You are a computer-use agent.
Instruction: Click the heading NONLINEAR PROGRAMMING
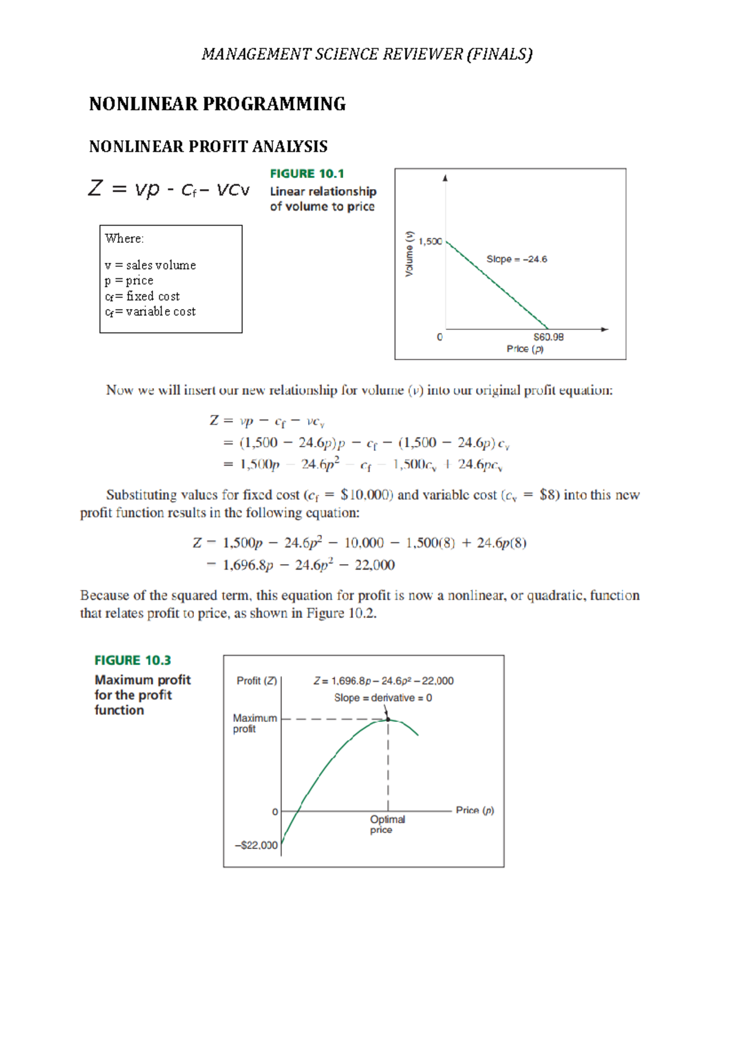click(x=217, y=104)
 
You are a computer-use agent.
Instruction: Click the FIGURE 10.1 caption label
click(x=307, y=174)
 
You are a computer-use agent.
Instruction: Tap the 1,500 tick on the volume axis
click(x=430, y=241)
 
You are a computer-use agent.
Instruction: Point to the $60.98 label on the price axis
click(x=548, y=337)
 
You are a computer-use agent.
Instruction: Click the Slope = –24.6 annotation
click(x=516, y=259)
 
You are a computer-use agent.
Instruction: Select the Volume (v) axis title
click(x=409, y=254)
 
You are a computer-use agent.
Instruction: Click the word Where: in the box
click(x=124, y=239)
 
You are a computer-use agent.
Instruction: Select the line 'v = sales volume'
click(x=150, y=266)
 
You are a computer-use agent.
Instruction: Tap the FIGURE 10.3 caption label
click(x=133, y=660)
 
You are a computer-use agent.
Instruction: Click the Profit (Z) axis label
click(x=257, y=681)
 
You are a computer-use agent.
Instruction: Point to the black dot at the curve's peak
click(x=388, y=719)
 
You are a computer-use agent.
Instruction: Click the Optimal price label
click(x=387, y=824)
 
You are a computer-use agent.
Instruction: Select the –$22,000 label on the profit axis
click(x=256, y=846)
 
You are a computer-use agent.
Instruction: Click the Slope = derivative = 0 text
click(x=383, y=698)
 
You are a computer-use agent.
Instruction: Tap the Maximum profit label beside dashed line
click(x=254, y=723)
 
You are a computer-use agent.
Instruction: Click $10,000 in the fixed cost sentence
click(x=366, y=495)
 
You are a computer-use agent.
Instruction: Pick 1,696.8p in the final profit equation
click(x=248, y=565)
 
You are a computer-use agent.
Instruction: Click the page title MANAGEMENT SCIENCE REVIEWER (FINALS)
click(x=367, y=54)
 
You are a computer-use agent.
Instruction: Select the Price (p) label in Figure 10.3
click(x=475, y=810)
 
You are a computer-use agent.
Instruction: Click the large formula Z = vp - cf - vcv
click(x=169, y=188)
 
